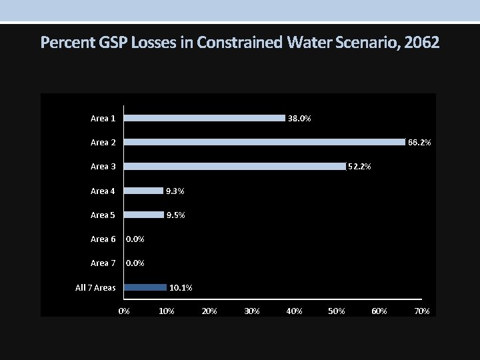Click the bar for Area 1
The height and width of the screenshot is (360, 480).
pos(205,118)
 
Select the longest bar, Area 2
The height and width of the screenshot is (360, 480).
pos(265,142)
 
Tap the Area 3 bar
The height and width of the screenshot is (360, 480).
pos(235,166)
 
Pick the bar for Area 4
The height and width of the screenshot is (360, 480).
pos(144,191)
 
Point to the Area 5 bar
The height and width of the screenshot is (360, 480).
pos(144,215)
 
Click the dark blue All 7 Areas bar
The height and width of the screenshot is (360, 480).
pos(145,287)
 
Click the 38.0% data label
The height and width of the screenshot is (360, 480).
pos(299,119)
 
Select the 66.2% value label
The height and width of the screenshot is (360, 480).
pos(419,143)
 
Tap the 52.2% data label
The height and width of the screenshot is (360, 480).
pos(360,167)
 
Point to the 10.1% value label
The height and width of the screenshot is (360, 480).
pos(181,288)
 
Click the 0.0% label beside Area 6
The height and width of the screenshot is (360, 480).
pos(135,239)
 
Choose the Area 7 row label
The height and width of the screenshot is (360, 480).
pos(103,263)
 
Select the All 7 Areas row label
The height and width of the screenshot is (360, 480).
pos(95,288)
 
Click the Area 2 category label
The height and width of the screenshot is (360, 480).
pos(103,143)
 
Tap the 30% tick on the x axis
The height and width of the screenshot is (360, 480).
pos(252,311)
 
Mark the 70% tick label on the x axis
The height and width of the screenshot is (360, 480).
pos(422,311)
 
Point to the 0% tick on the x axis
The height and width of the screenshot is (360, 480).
pos(124,311)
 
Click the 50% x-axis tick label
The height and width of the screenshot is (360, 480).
pos(337,311)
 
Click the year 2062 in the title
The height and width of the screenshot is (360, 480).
pos(422,43)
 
